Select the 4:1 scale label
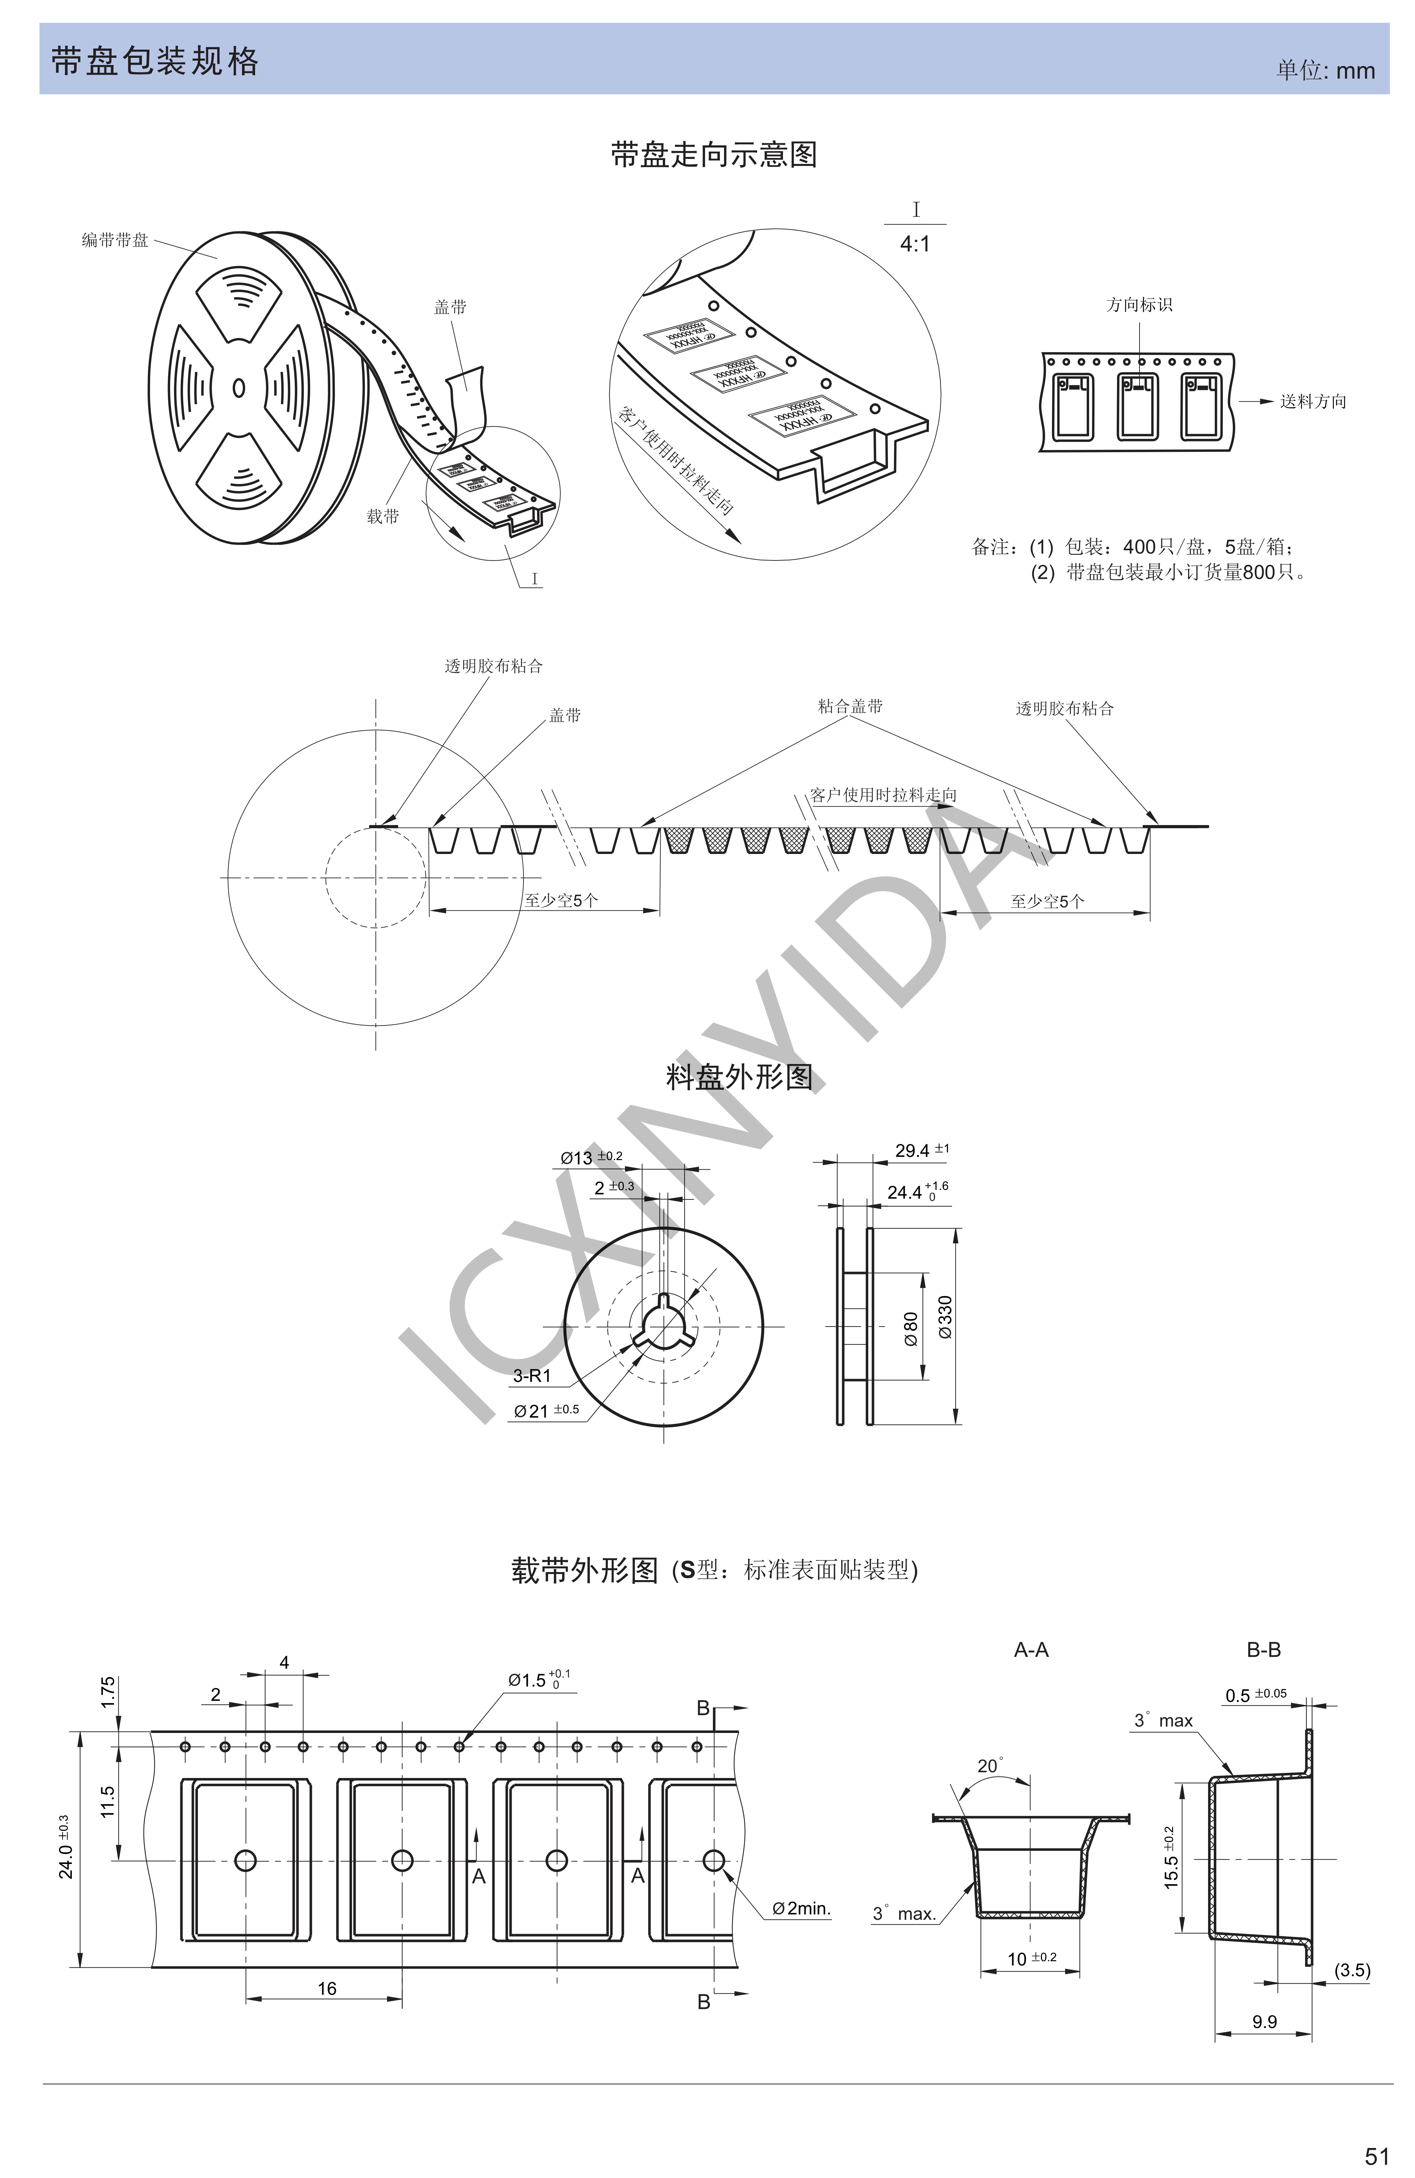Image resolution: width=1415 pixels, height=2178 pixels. point(914,244)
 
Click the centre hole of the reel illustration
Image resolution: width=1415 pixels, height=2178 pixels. point(239,388)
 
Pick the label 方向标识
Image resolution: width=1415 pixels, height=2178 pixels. point(1138,305)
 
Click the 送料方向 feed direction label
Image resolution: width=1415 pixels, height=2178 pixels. point(1312,402)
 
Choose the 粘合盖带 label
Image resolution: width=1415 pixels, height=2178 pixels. point(850,705)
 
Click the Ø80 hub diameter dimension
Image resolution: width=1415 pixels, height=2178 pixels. point(911,1329)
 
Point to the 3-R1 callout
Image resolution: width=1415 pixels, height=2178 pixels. point(532,1375)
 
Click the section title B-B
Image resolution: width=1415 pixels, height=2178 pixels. point(1263,1650)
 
